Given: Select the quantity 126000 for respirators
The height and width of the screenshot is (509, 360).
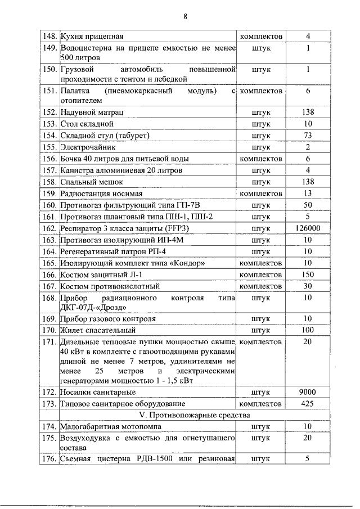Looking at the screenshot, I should click(308, 228).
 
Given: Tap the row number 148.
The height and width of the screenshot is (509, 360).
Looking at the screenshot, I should click(51, 37).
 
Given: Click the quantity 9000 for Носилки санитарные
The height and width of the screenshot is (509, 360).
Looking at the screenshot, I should click(308, 392).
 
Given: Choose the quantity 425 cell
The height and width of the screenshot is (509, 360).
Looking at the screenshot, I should click(308, 404).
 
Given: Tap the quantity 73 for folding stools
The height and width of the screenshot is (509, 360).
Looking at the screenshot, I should click(308, 135).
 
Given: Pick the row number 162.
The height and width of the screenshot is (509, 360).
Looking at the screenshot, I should click(51, 228).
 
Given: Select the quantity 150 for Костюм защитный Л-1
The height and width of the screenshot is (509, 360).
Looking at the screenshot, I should click(308, 274).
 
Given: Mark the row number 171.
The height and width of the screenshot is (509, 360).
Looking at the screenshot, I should click(51, 341).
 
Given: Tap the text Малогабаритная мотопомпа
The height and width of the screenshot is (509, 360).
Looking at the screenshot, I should click(109, 427).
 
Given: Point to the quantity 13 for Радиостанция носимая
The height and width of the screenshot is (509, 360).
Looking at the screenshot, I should click(308, 193).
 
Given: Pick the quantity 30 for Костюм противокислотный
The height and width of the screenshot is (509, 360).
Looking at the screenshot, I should click(308, 286).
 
